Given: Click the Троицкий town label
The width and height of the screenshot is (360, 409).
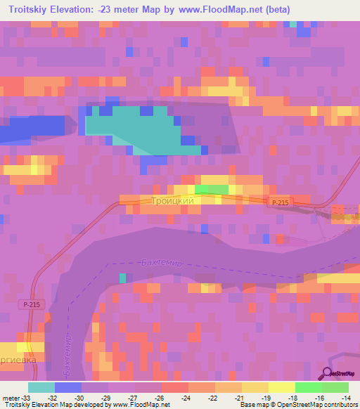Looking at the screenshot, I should [172, 201].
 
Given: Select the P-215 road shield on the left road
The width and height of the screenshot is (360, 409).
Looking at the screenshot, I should [30, 304].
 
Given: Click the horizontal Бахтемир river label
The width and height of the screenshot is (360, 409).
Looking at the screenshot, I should [162, 262].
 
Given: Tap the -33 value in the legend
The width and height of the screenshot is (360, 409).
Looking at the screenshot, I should [21, 398].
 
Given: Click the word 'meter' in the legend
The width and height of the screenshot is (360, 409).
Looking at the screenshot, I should [8, 398].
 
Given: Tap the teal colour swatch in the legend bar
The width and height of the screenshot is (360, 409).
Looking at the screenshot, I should [41, 387].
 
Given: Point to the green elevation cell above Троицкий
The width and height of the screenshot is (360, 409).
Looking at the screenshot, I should [212, 189].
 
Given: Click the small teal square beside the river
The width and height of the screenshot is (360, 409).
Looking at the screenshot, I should [123, 278].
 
